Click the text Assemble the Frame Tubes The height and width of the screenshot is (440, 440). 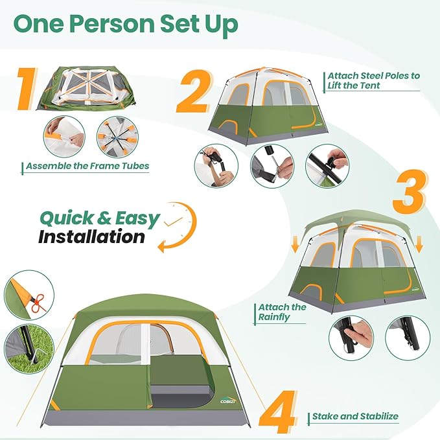87,166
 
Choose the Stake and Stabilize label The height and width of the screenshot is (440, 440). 355,416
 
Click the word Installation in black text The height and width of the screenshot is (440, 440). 91,236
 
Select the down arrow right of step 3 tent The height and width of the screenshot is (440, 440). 419,244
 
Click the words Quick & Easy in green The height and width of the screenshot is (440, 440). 99,218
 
